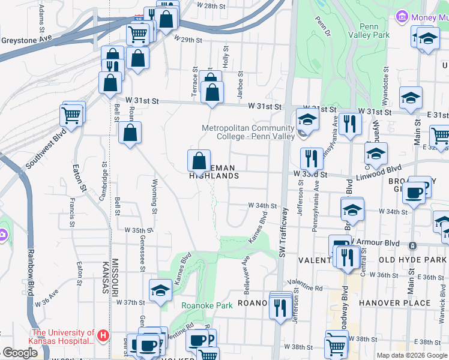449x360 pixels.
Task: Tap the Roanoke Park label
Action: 207,305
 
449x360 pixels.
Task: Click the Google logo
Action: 20,352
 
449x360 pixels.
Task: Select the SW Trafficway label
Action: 284,230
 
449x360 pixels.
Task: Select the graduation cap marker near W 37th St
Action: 160,291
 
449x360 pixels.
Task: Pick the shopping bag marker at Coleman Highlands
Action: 199,161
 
